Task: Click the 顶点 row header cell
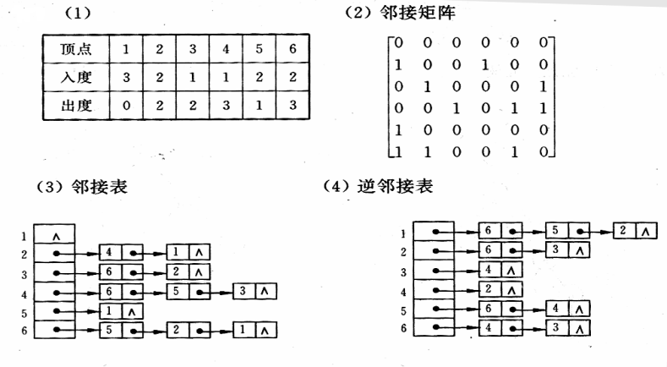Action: click(x=73, y=48)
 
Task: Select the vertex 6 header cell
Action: click(x=292, y=48)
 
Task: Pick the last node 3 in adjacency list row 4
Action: click(x=243, y=292)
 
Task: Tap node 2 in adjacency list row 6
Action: click(x=177, y=331)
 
